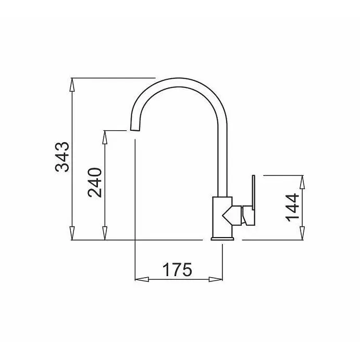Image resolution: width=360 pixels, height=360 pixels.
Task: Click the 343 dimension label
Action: pos(62,157)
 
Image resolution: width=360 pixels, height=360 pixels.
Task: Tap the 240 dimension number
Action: pos(95,182)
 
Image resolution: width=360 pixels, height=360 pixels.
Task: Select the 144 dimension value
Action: pos(292,208)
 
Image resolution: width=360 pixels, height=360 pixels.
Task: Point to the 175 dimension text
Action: pos(177,269)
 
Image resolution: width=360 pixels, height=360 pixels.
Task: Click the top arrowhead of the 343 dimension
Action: pos(72,85)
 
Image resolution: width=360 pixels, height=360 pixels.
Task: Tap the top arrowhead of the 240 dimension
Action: pos(105,138)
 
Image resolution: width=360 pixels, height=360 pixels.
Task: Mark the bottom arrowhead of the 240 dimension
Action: pos(105,233)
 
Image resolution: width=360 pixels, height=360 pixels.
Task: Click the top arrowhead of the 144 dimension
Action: pos(302,182)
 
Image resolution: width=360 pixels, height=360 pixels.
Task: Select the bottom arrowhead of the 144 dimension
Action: pos(302,233)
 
